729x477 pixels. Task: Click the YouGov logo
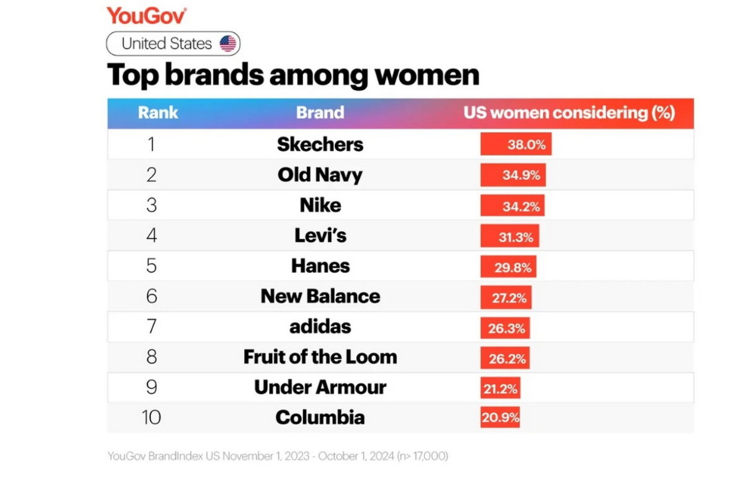146,16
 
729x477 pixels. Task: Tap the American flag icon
228,44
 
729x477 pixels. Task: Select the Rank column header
157,113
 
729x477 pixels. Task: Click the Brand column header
320,113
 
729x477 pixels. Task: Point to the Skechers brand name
320,145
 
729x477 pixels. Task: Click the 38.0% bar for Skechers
516,145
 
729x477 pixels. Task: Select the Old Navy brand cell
320,175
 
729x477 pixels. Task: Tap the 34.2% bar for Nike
512,205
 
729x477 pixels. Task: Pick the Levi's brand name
320,236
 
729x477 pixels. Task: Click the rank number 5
151,266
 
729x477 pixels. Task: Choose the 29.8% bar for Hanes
508,266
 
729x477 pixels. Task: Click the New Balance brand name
320,296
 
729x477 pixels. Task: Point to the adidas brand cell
320,326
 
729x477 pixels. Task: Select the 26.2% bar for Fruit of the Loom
505,357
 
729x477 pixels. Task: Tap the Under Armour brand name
320,387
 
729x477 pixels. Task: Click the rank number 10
151,417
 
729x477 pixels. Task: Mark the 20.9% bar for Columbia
500,417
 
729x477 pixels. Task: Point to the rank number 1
151,145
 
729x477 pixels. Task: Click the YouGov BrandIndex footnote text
277,456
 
